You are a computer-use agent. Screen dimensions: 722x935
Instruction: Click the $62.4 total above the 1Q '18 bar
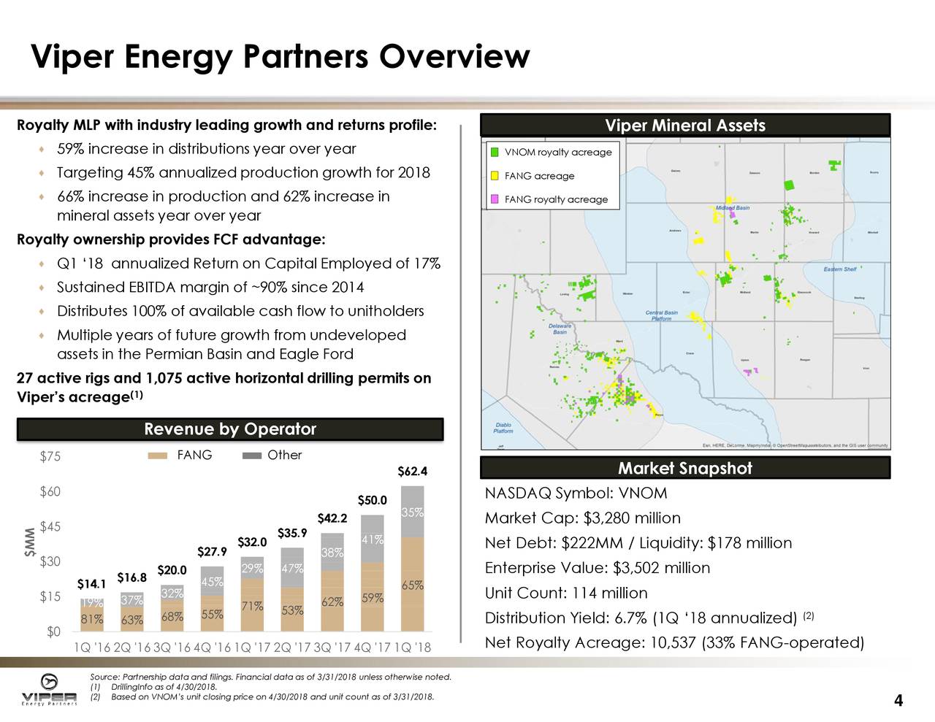click(x=412, y=472)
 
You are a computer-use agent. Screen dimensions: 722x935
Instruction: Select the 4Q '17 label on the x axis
click(x=372, y=648)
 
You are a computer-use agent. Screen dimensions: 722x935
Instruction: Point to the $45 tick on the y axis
click(x=50, y=527)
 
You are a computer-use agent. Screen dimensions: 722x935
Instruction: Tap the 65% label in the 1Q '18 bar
click(x=412, y=585)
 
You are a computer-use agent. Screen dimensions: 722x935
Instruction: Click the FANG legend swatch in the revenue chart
click(x=158, y=456)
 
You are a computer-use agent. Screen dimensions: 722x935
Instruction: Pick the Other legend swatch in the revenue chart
click(x=251, y=456)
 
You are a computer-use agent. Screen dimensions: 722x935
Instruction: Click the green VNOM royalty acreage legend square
click(x=495, y=152)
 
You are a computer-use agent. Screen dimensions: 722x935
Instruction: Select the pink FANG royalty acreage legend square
click(x=495, y=199)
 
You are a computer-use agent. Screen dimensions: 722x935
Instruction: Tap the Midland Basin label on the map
click(x=732, y=208)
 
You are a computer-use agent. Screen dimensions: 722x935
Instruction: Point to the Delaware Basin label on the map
click(x=560, y=329)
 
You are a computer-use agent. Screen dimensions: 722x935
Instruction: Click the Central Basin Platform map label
click(x=661, y=315)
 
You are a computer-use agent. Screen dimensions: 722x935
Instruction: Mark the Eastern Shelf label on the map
click(x=839, y=269)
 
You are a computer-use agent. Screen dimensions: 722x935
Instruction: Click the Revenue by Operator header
click(x=230, y=429)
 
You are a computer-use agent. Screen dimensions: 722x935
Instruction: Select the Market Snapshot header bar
click(x=684, y=469)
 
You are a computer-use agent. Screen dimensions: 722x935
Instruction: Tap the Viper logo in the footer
click(x=49, y=689)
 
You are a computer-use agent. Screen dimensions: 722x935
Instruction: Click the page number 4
click(x=898, y=701)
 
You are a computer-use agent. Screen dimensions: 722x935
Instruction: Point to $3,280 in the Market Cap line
click(x=606, y=518)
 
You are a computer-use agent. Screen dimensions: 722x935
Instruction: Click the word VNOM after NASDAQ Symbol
click(x=643, y=494)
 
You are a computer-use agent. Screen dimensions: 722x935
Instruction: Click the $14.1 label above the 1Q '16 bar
click(x=92, y=584)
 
